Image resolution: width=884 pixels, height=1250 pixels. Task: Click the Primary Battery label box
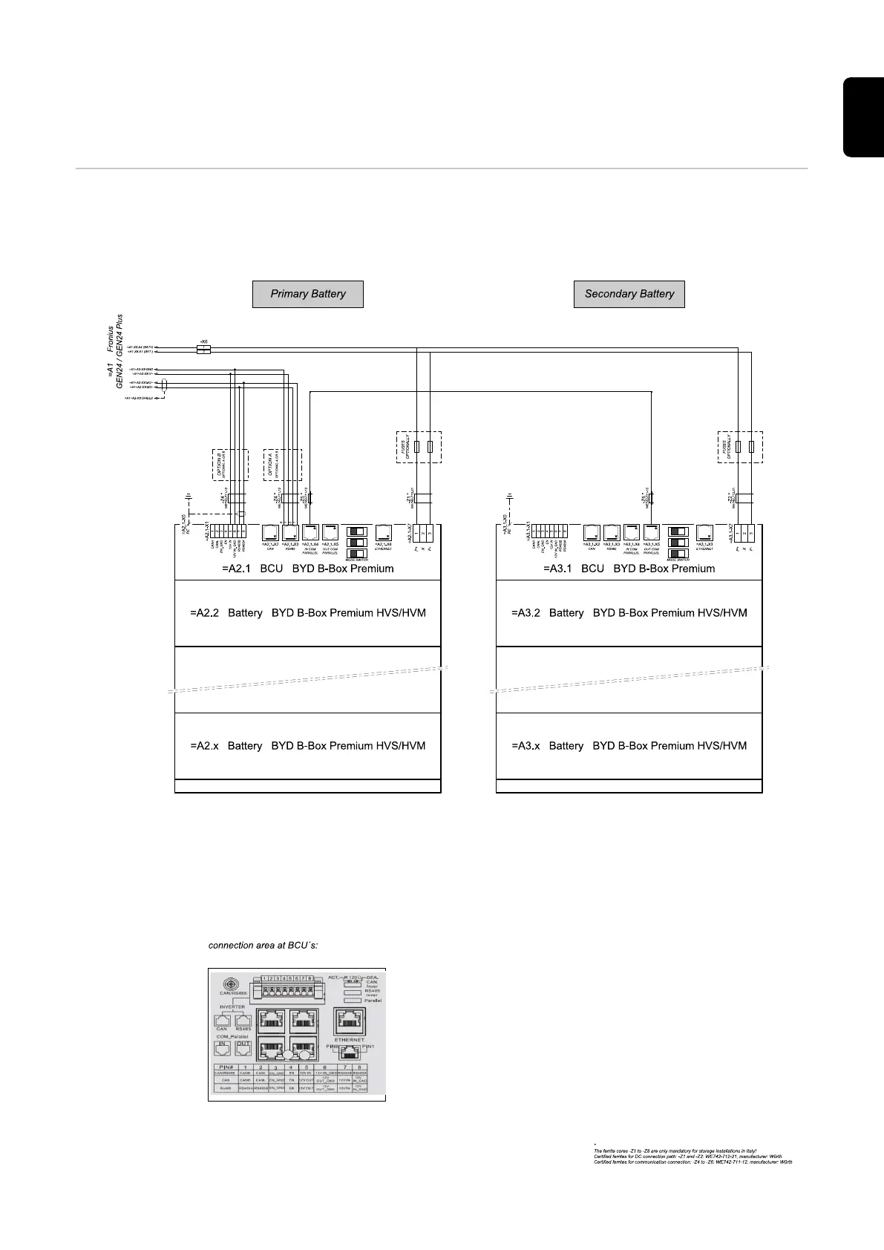(308, 294)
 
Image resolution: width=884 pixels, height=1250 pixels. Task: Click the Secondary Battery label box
(629, 294)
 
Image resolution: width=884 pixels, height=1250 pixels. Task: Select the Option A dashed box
(282, 464)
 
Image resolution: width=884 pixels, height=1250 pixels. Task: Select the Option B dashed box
(230, 464)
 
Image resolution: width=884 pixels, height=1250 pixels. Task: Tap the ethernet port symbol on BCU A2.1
(384, 534)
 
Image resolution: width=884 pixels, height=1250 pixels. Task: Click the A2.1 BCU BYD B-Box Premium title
(307, 569)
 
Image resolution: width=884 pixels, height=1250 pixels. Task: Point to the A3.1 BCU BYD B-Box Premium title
(629, 569)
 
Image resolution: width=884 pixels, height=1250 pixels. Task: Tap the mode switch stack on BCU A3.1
(678, 543)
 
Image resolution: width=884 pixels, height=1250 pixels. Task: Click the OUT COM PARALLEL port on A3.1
(652, 534)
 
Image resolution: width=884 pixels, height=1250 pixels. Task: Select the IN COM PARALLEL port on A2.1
(310, 534)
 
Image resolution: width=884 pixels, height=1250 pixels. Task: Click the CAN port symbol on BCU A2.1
(270, 534)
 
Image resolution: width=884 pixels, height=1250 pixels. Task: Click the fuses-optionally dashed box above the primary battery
(419, 447)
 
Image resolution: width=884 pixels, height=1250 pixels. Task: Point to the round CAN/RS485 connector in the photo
(227, 981)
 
